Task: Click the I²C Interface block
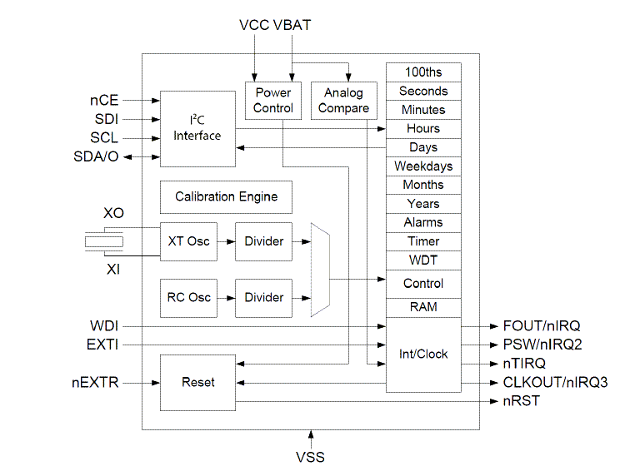click(197, 128)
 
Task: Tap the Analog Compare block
click(344, 100)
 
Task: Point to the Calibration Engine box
click(226, 197)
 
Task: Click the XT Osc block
click(188, 241)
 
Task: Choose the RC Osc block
click(188, 297)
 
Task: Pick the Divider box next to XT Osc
click(263, 241)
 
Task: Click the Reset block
click(197, 382)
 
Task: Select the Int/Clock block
click(423, 355)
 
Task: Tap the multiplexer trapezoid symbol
click(320, 270)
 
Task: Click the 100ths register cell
click(423, 72)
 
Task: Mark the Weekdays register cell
click(423, 166)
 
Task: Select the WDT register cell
click(423, 260)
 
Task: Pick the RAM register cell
click(423, 307)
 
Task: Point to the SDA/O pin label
click(97, 156)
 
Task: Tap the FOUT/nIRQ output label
click(542, 325)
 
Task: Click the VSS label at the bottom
click(310, 457)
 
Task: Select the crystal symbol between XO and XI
click(104, 242)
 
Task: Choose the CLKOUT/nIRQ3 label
click(556, 383)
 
